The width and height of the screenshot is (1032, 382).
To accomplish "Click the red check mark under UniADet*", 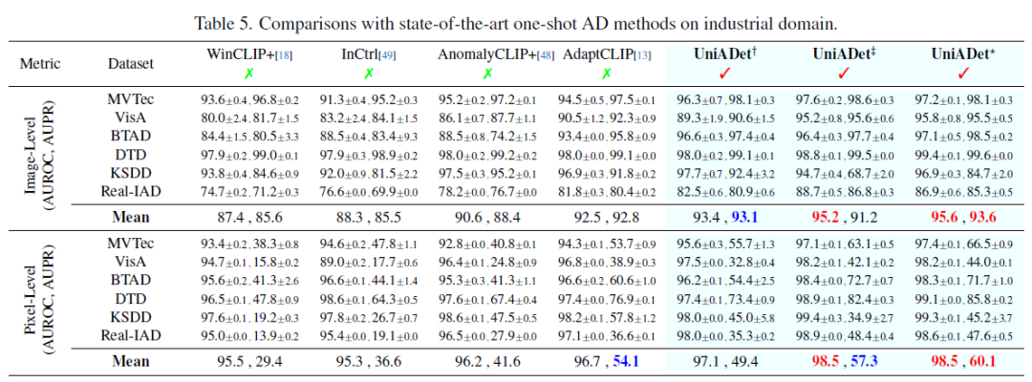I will click(x=963, y=74).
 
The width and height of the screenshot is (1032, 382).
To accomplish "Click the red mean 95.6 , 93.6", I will click(x=963, y=216).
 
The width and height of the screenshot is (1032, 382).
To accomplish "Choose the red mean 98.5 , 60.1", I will click(x=963, y=361).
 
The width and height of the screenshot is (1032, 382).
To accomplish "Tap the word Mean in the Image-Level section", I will click(x=130, y=216).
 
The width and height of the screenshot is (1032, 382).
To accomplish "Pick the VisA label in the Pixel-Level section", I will click(x=130, y=263).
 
